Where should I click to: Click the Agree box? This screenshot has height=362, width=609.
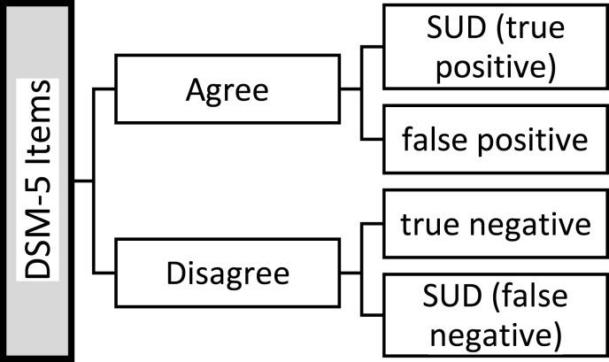[x=228, y=89]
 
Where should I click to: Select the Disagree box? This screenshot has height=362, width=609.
[x=228, y=273]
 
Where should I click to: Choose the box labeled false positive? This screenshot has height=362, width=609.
[x=494, y=140]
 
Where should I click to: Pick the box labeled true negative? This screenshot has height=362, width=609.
[x=494, y=224]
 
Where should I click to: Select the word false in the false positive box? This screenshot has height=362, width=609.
[x=433, y=140]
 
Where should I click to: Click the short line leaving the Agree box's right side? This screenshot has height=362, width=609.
[x=351, y=89]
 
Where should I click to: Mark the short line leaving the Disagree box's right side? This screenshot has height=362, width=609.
[x=351, y=273]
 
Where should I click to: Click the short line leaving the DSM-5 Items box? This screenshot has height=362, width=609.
[x=83, y=181]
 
